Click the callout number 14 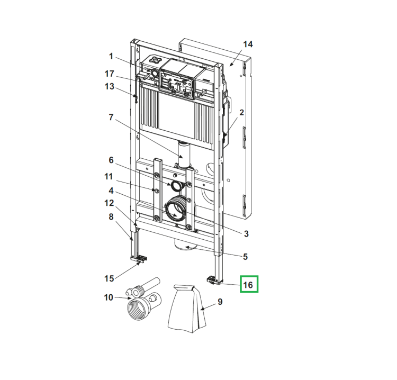[248, 44]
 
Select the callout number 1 [111, 56]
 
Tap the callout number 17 [110, 74]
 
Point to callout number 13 [110, 87]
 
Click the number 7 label [111, 117]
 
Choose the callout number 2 [241, 112]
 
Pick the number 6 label [111, 160]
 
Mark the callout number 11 [109, 176]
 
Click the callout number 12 [109, 203]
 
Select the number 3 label [246, 234]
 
